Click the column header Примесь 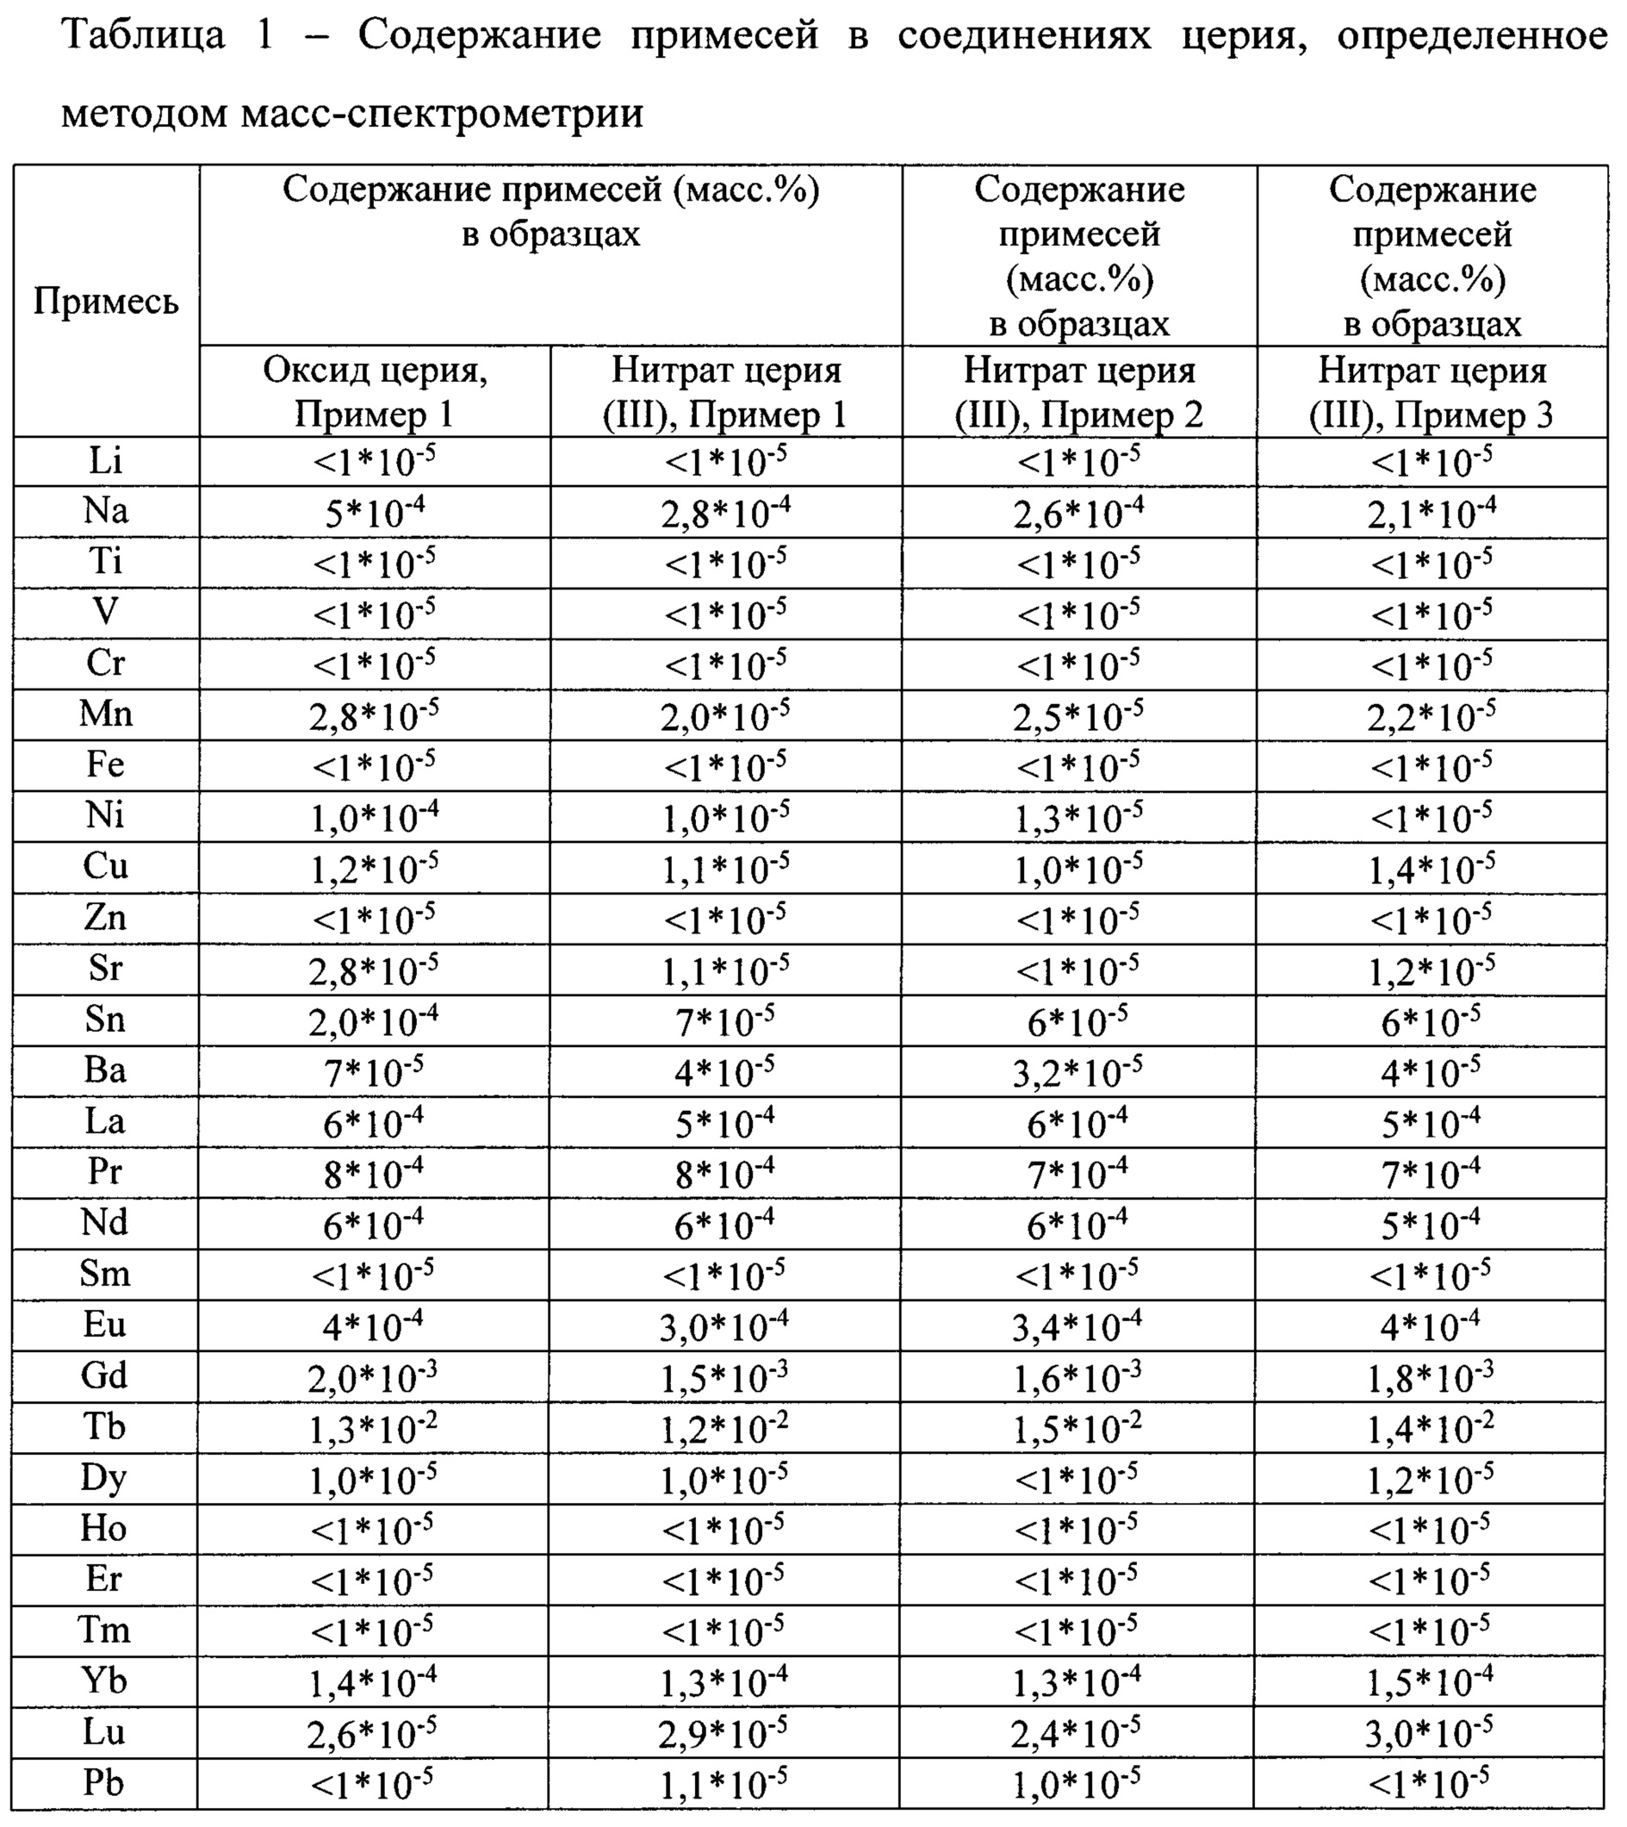tap(105, 302)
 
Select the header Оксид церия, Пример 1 tap(375, 392)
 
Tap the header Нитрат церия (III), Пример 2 tap(1079, 392)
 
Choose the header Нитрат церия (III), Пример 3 tap(1432, 392)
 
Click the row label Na tap(105, 511)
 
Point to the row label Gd tap(104, 1375)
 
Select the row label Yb tap(104, 1681)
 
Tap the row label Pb tap(103, 1782)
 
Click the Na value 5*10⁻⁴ tap(375, 514)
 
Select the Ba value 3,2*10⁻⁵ tap(1078, 1072)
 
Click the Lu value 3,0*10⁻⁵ tap(1431, 1734)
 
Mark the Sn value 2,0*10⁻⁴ tap(375, 1021)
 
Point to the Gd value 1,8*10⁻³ tap(1431, 1378)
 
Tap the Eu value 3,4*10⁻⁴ tap(1078, 1327)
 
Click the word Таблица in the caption tap(143, 36)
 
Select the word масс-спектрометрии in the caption tap(442, 115)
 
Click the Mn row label tap(105, 714)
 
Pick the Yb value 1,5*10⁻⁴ tap(1431, 1683)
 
